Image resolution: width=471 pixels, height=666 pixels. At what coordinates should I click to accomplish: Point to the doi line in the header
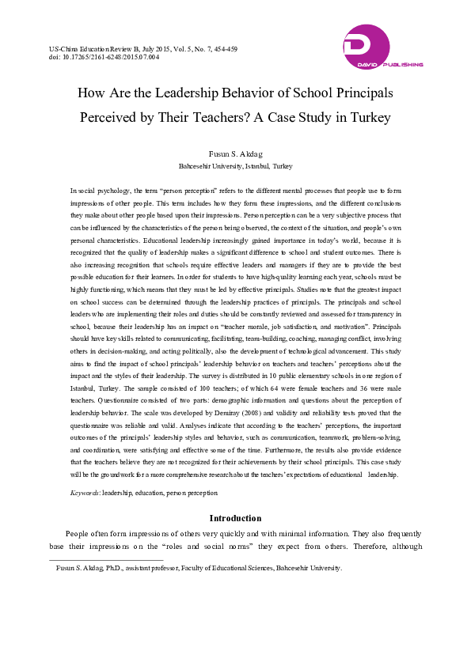point(104,58)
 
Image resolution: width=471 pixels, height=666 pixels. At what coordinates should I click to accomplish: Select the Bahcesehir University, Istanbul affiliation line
point(235,167)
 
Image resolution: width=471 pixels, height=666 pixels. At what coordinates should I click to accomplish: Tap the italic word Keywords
point(85,492)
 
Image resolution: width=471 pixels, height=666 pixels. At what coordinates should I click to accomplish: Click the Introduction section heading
point(235,518)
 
